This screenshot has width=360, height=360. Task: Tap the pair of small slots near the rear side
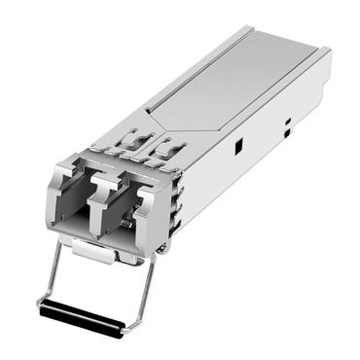tap(288, 124)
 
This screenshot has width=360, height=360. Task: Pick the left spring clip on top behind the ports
tap(127, 145)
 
